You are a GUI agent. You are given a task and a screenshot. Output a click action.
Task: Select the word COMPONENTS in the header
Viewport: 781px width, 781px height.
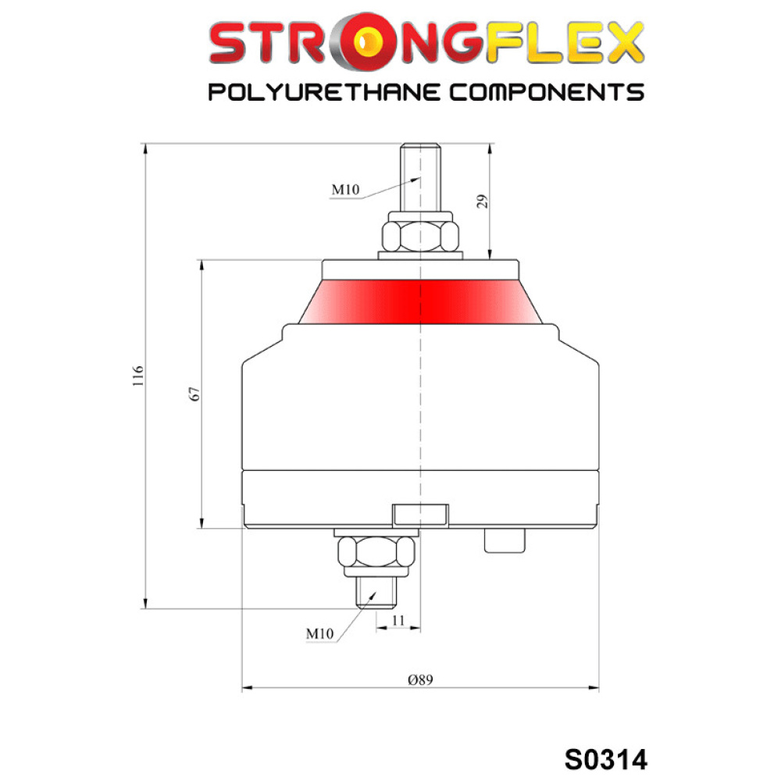[547, 93]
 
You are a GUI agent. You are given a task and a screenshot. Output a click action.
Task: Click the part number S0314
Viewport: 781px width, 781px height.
[606, 759]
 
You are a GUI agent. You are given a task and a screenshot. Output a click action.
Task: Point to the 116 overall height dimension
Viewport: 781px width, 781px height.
[138, 376]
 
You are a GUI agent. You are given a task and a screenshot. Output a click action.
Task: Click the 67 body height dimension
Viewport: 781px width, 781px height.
[194, 394]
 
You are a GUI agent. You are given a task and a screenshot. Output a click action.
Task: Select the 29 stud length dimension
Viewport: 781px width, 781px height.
[482, 201]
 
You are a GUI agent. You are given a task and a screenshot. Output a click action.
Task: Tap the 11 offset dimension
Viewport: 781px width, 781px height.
[398, 620]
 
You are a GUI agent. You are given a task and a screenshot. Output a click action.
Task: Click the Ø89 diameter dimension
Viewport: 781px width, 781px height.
[420, 679]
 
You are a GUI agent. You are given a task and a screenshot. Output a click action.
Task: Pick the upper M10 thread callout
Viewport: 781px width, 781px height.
[345, 189]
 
